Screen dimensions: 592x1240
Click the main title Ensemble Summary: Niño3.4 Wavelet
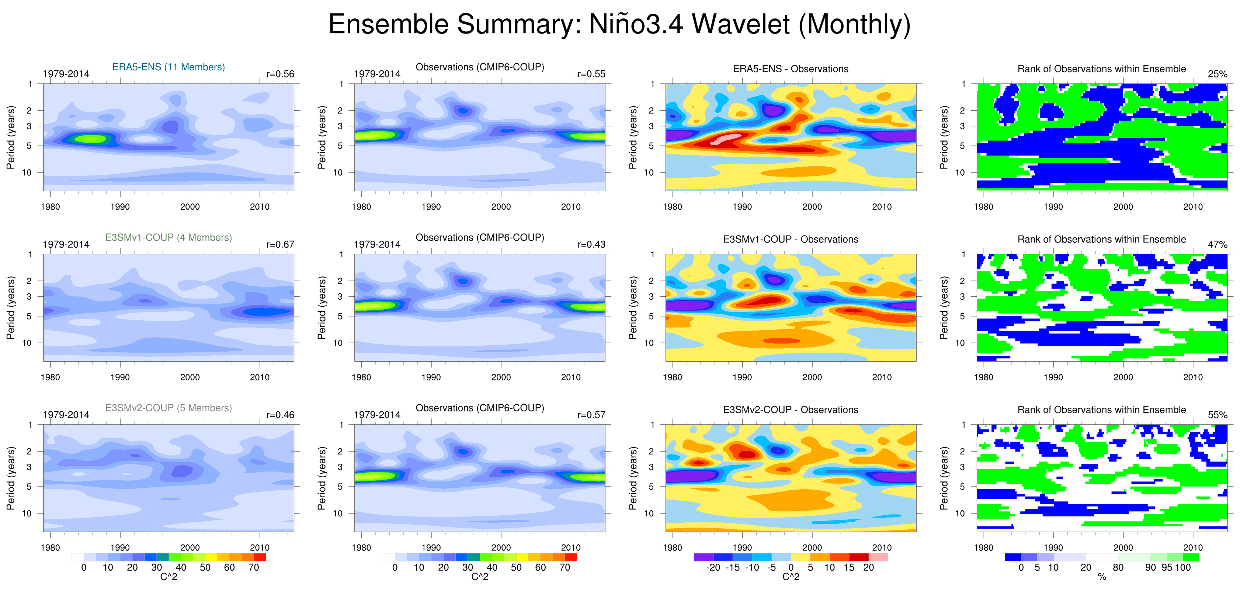click(619, 24)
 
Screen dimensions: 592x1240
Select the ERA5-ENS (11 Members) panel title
click(169, 67)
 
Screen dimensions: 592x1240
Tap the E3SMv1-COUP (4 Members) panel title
click(169, 237)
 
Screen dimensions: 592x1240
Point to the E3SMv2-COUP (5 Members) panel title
click(169, 408)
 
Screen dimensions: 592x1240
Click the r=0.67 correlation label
click(280, 244)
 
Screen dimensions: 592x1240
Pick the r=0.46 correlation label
click(280, 415)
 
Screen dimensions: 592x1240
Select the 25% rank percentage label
click(1218, 74)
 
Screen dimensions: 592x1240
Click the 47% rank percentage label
click(1218, 244)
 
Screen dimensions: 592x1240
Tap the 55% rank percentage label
click(1218, 415)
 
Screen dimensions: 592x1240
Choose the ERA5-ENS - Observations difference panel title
click(791, 69)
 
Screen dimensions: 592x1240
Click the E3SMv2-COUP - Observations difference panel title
click(791, 410)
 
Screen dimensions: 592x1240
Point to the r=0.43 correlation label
click(591, 244)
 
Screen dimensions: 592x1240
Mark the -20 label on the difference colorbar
click(713, 567)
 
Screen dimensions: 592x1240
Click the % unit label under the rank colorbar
click(1102, 577)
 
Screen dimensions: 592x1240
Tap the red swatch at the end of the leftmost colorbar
click(260, 557)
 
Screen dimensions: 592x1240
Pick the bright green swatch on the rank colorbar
click(1191, 557)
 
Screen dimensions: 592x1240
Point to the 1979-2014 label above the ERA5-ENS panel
click(66, 74)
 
